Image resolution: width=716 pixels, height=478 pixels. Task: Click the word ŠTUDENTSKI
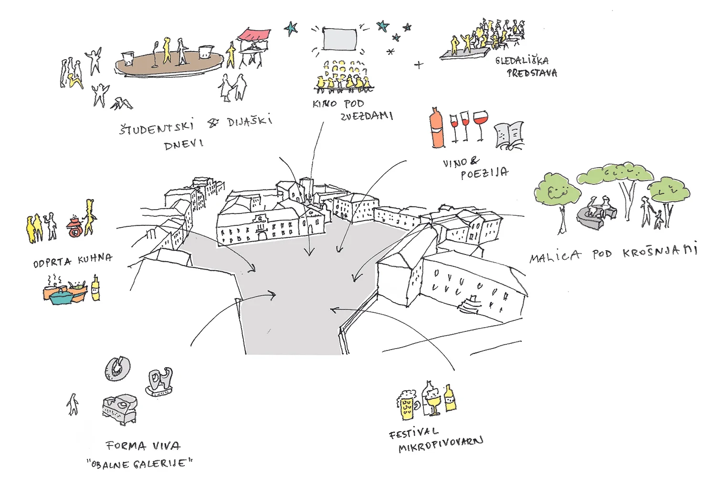pos(157,127)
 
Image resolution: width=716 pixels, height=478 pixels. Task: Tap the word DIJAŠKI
pos(250,121)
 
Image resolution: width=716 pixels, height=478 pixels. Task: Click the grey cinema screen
pos(339,39)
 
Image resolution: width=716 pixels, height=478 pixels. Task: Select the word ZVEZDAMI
pos(367,116)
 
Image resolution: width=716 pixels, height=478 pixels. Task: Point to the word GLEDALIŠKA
pos(522,61)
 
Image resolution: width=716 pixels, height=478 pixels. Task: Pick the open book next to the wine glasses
pos(509,135)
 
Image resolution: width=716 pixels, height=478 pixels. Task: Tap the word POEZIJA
pos(484,173)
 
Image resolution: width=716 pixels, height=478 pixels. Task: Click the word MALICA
pos(555,257)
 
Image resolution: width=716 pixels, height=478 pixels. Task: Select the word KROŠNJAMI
pos(660,251)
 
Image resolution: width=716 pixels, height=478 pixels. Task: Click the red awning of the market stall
pos(254,35)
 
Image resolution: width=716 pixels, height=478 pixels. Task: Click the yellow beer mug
pos(406,405)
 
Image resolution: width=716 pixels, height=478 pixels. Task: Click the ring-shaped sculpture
pos(117,368)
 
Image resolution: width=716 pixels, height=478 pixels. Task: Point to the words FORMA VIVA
pos(143,446)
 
